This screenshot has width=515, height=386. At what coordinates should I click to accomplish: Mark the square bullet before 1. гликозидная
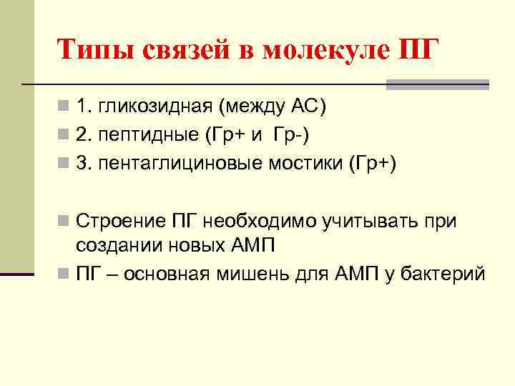pos(64,108)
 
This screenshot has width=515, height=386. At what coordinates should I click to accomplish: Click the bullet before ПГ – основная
pos(64,274)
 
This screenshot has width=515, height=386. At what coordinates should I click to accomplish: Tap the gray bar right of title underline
pos(437,84)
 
